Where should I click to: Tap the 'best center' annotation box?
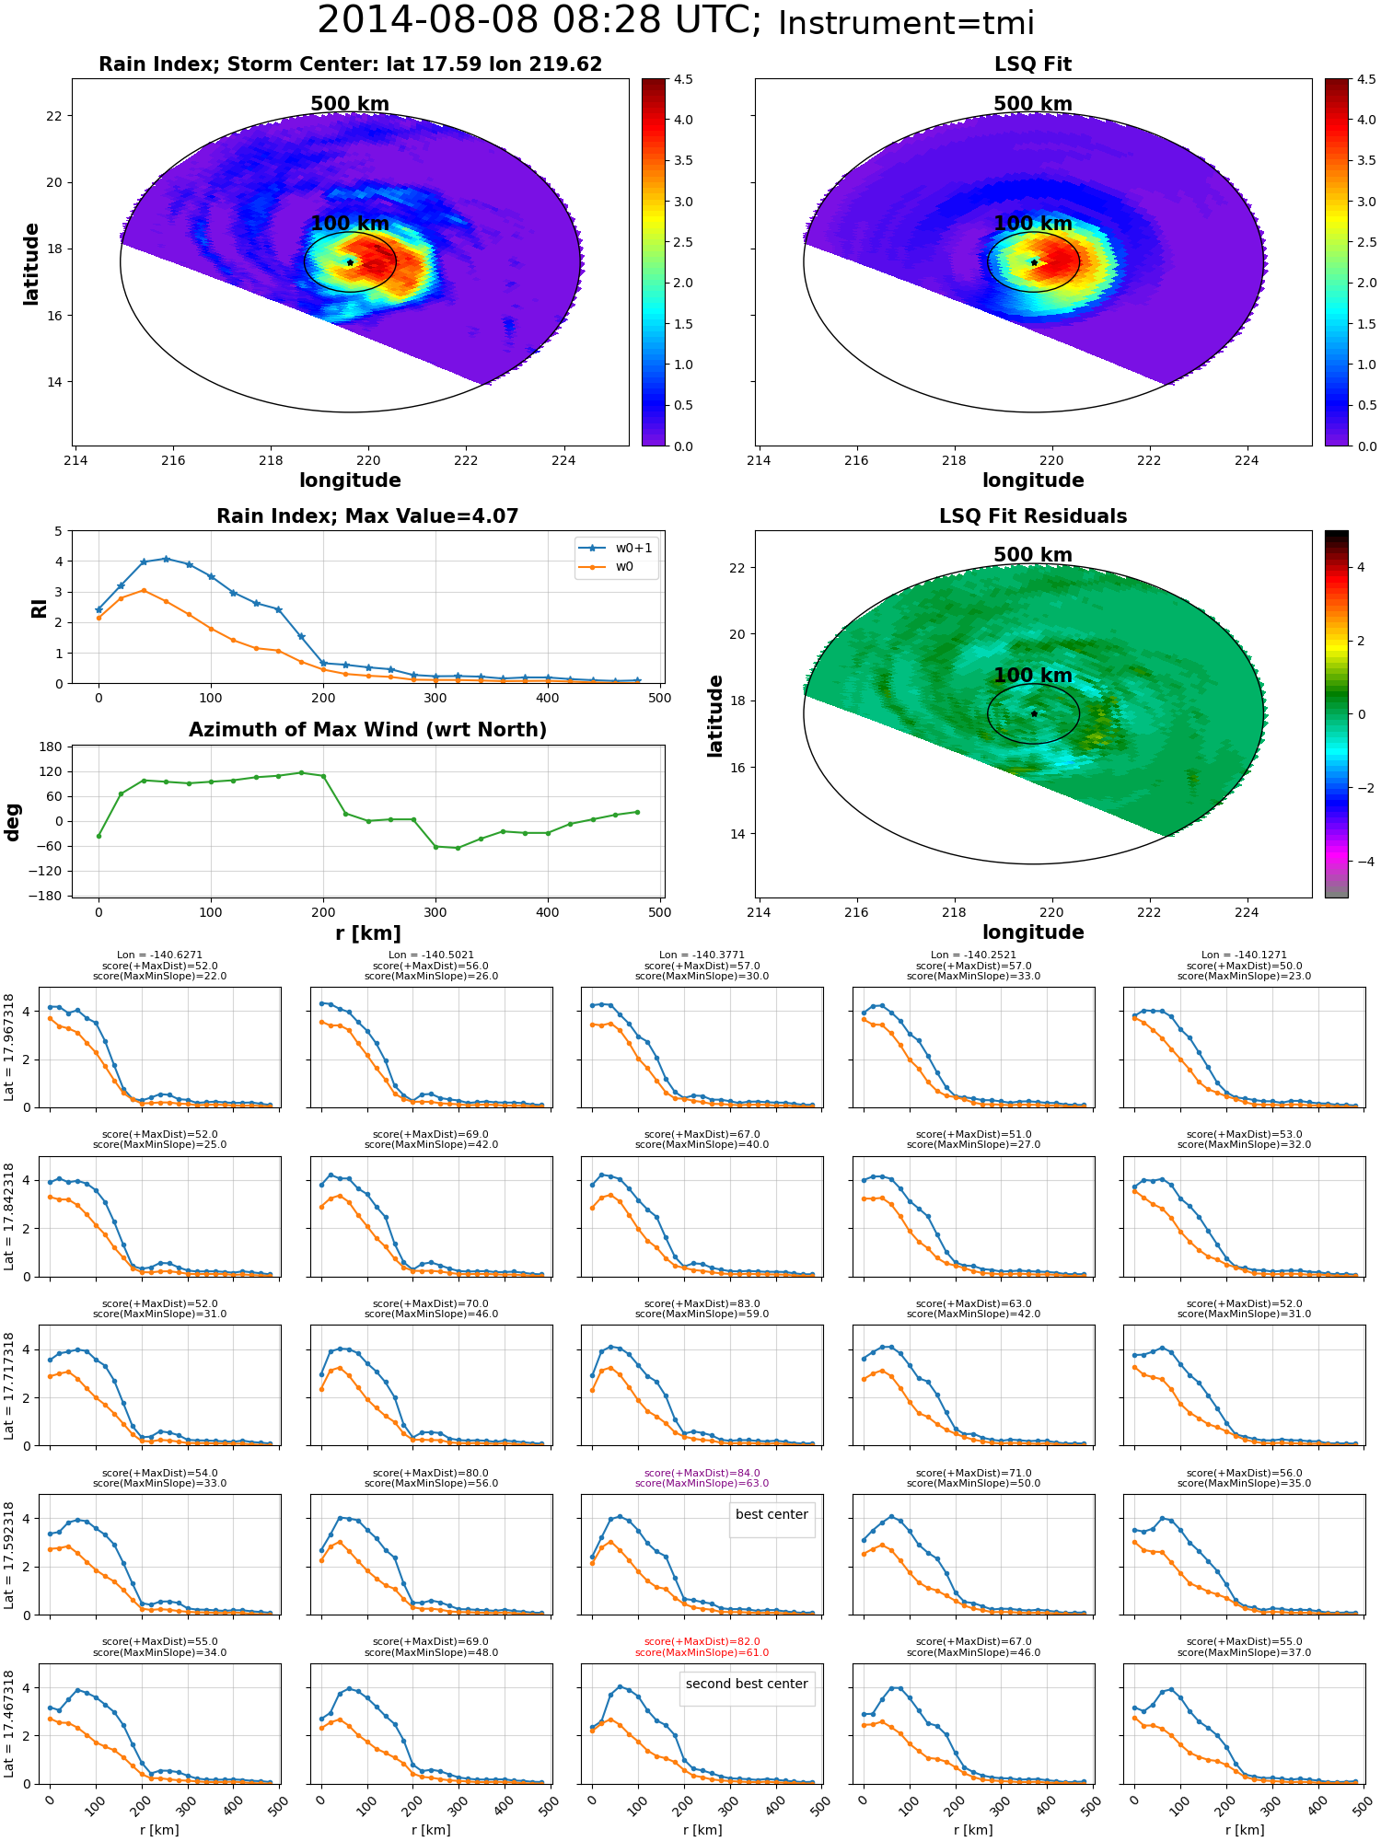click(x=772, y=1515)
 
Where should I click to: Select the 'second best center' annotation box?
click(x=747, y=1685)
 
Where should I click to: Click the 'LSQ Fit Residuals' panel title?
click(x=1033, y=516)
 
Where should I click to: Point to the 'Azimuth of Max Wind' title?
click(x=367, y=730)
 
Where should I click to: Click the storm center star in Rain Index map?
click(x=350, y=262)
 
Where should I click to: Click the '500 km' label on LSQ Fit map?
click(x=1033, y=104)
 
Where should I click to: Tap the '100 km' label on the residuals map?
click(x=1033, y=676)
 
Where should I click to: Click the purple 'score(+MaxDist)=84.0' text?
click(x=702, y=1473)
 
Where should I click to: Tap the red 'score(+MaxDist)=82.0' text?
click(x=702, y=1642)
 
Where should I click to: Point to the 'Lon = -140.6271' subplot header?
click(x=159, y=955)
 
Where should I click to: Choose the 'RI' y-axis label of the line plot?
click(x=40, y=608)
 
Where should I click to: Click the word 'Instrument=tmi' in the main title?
click(x=906, y=23)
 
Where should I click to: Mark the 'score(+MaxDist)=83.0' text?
click(x=702, y=1304)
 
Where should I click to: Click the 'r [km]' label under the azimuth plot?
click(x=367, y=933)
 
